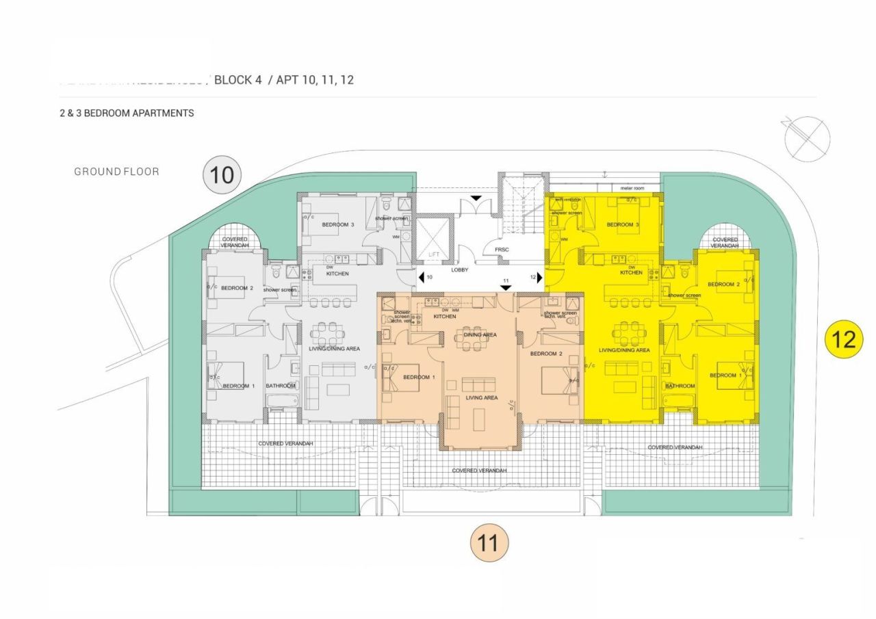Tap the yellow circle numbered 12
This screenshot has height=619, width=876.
pos(844,339)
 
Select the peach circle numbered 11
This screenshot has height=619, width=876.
pos(489,543)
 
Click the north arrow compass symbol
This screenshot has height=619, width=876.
pos(807,136)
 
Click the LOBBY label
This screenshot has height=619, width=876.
pos(459,270)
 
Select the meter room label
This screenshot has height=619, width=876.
pos(633,187)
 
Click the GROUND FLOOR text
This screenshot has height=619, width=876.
pos(116,172)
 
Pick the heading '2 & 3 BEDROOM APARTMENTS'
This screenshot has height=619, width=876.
pos(127,113)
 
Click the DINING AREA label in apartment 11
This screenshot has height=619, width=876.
pos(480,334)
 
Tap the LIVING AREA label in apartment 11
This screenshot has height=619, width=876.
pos(481,397)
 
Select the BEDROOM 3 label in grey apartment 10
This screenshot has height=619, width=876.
pos(338,224)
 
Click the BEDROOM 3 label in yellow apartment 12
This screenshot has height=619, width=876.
pos(623,224)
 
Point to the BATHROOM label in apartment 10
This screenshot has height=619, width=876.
pos(281,386)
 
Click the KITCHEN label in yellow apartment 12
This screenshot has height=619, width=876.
pos(631,273)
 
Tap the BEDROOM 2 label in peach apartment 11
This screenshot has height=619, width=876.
pos(546,354)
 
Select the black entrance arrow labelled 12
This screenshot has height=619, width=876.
pos(540,278)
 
